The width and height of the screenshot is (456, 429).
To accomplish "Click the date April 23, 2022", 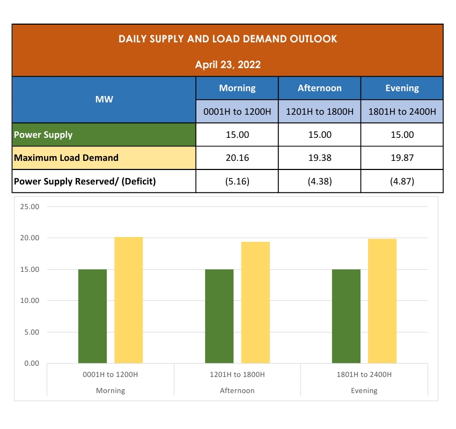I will [x=228, y=65].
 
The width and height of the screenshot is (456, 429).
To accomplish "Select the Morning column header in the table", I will [x=237, y=88].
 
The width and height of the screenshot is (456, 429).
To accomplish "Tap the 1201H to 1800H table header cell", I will [x=320, y=112].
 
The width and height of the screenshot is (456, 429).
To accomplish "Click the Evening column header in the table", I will [x=402, y=88].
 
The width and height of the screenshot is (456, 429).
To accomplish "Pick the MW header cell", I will [x=104, y=100].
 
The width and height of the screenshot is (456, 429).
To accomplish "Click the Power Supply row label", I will [x=43, y=135].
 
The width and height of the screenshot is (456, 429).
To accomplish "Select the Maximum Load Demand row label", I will [x=66, y=158].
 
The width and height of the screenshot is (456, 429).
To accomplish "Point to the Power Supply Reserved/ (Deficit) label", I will [x=85, y=181].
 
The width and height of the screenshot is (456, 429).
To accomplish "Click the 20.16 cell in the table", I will [x=237, y=158].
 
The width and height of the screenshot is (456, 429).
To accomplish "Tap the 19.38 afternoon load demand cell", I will [x=320, y=158].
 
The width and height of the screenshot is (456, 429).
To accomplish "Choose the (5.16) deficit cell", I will [x=237, y=181].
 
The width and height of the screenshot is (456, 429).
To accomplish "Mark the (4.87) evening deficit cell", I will [x=402, y=181].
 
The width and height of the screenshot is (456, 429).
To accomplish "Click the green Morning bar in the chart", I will [x=92, y=316].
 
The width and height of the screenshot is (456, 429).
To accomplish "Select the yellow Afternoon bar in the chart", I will [x=255, y=303].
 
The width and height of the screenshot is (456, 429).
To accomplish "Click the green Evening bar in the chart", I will [x=346, y=316].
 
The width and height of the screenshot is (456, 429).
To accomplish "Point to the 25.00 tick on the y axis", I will [x=29, y=206].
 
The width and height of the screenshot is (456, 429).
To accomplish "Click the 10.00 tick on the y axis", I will [x=29, y=301].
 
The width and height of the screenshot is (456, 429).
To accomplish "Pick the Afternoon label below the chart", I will [x=237, y=390].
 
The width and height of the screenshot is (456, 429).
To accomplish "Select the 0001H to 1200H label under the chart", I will [x=111, y=374].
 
